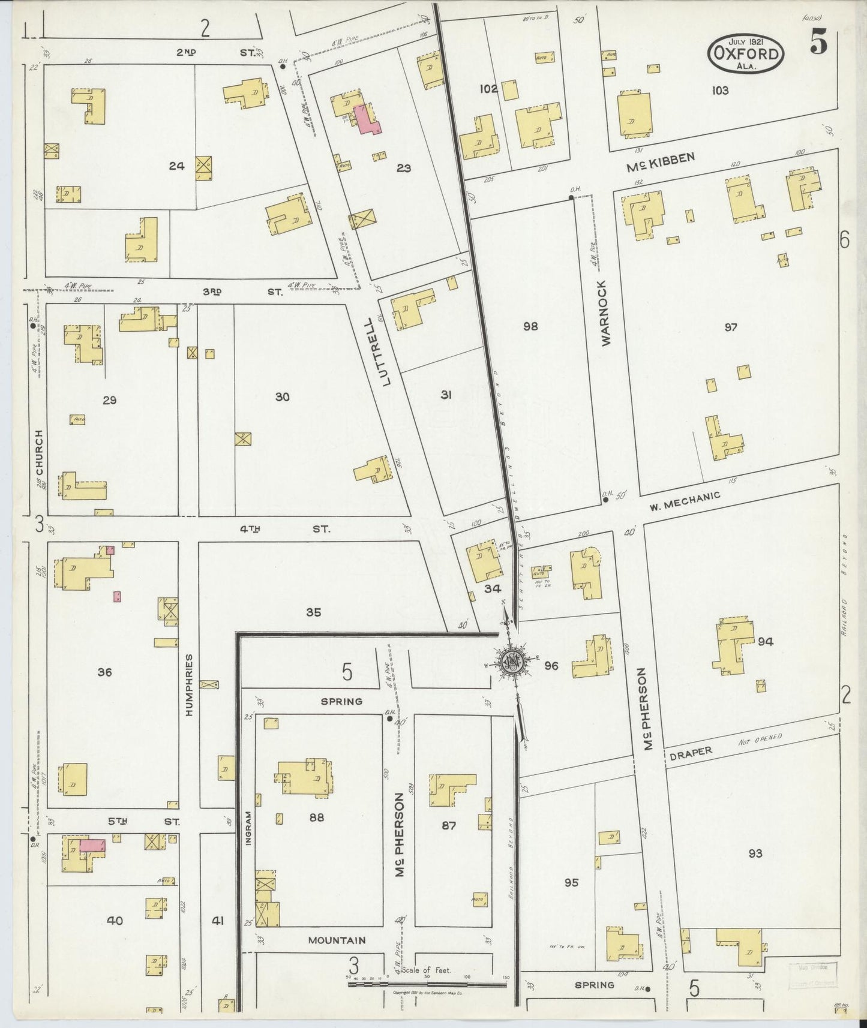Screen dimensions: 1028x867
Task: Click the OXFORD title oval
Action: [x=746, y=53]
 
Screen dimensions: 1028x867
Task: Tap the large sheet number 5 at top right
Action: [x=819, y=43]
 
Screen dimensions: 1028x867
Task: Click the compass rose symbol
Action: [x=512, y=661]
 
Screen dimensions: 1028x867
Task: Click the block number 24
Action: [x=176, y=166]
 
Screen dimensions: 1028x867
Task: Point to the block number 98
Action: [x=530, y=326]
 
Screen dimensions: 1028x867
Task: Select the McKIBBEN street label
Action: [x=661, y=162]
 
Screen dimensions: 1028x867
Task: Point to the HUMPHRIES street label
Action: [x=189, y=685]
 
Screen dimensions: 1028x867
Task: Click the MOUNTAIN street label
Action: [x=337, y=940]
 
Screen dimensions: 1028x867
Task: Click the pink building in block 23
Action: [x=367, y=119]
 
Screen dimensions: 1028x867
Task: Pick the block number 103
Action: [x=720, y=91]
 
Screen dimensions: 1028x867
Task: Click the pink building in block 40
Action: [x=92, y=845]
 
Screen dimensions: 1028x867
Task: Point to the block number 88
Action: [x=316, y=817]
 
